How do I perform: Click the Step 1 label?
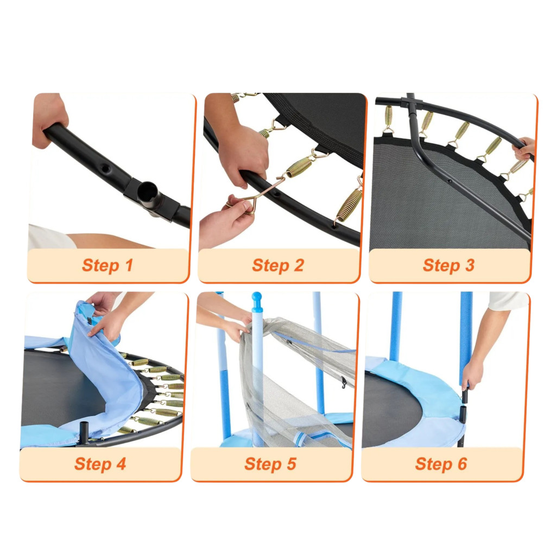(108, 265)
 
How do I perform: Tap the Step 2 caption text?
(278, 265)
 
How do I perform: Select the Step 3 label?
(448, 265)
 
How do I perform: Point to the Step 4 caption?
(100, 464)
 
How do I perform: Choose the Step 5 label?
(270, 464)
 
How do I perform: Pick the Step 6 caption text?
(441, 464)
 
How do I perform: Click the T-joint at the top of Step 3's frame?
(412, 103)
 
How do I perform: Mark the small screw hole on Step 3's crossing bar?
(449, 181)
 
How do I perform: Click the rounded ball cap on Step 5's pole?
(256, 297)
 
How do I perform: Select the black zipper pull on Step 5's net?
(343, 382)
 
